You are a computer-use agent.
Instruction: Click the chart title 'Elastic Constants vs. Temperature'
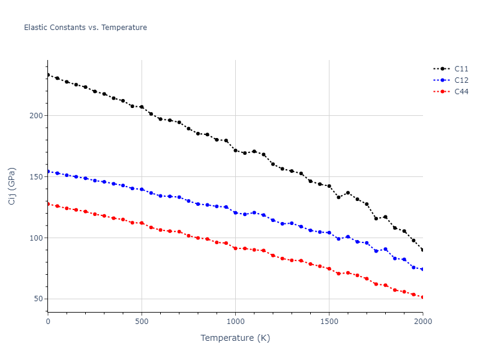pyautogui.click(x=85, y=28)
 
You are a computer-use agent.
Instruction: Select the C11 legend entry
pyautogui.click(x=461, y=69)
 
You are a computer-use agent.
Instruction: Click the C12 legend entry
pyautogui.click(x=461, y=80)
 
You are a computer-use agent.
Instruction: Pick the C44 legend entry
pyautogui.click(x=461, y=92)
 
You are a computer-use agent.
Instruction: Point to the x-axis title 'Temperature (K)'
pyautogui.click(x=235, y=338)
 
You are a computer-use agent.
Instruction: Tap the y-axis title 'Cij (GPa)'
pyautogui.click(x=13, y=186)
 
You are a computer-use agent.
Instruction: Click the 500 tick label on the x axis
pyautogui.click(x=142, y=322)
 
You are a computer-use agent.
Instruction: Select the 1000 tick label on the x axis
pyautogui.click(x=235, y=322)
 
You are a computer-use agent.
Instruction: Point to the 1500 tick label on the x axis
pyautogui.click(x=329, y=322)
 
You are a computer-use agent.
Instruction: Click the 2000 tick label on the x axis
pyautogui.click(x=422, y=322)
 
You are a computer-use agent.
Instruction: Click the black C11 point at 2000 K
pyautogui.click(x=422, y=250)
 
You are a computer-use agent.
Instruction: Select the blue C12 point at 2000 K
pyautogui.click(x=422, y=269)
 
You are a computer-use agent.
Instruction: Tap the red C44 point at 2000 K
pyautogui.click(x=422, y=297)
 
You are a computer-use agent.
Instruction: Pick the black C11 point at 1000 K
pyautogui.click(x=235, y=151)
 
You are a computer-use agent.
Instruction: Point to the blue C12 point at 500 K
pyautogui.click(x=142, y=190)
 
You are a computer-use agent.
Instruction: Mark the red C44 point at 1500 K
pyautogui.click(x=329, y=269)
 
